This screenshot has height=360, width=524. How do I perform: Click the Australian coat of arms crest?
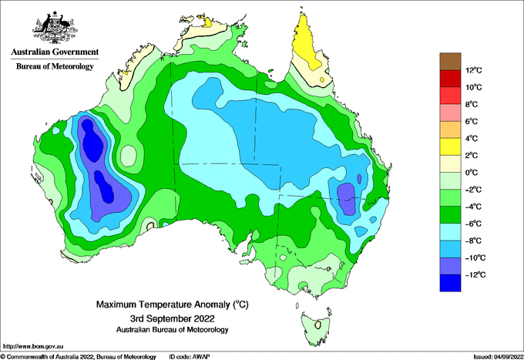[55, 28]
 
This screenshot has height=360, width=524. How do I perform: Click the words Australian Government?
[55, 52]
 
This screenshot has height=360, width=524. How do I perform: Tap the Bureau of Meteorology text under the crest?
[55, 66]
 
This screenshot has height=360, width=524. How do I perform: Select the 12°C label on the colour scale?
[474, 70]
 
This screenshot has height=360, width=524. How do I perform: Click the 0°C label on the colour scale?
[472, 173]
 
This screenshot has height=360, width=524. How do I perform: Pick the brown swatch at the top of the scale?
[450, 62]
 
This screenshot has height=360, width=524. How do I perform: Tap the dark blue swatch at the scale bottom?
[450, 283]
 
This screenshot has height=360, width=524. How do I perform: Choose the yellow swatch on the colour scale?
[450, 146]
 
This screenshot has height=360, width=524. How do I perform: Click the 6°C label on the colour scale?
[472, 122]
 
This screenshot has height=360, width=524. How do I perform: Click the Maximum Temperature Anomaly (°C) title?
[173, 304]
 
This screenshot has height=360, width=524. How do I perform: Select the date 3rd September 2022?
[173, 318]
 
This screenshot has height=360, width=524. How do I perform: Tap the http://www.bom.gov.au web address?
[32, 347]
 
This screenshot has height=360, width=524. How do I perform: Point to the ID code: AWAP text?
[190, 357]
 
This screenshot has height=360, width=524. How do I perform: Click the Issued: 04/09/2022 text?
[499, 357]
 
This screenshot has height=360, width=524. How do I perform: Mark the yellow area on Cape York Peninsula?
[307, 43]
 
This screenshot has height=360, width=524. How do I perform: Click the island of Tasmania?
[316, 328]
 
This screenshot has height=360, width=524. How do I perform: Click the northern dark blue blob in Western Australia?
[92, 140]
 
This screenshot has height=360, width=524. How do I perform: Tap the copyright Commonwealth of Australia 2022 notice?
[78, 357]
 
